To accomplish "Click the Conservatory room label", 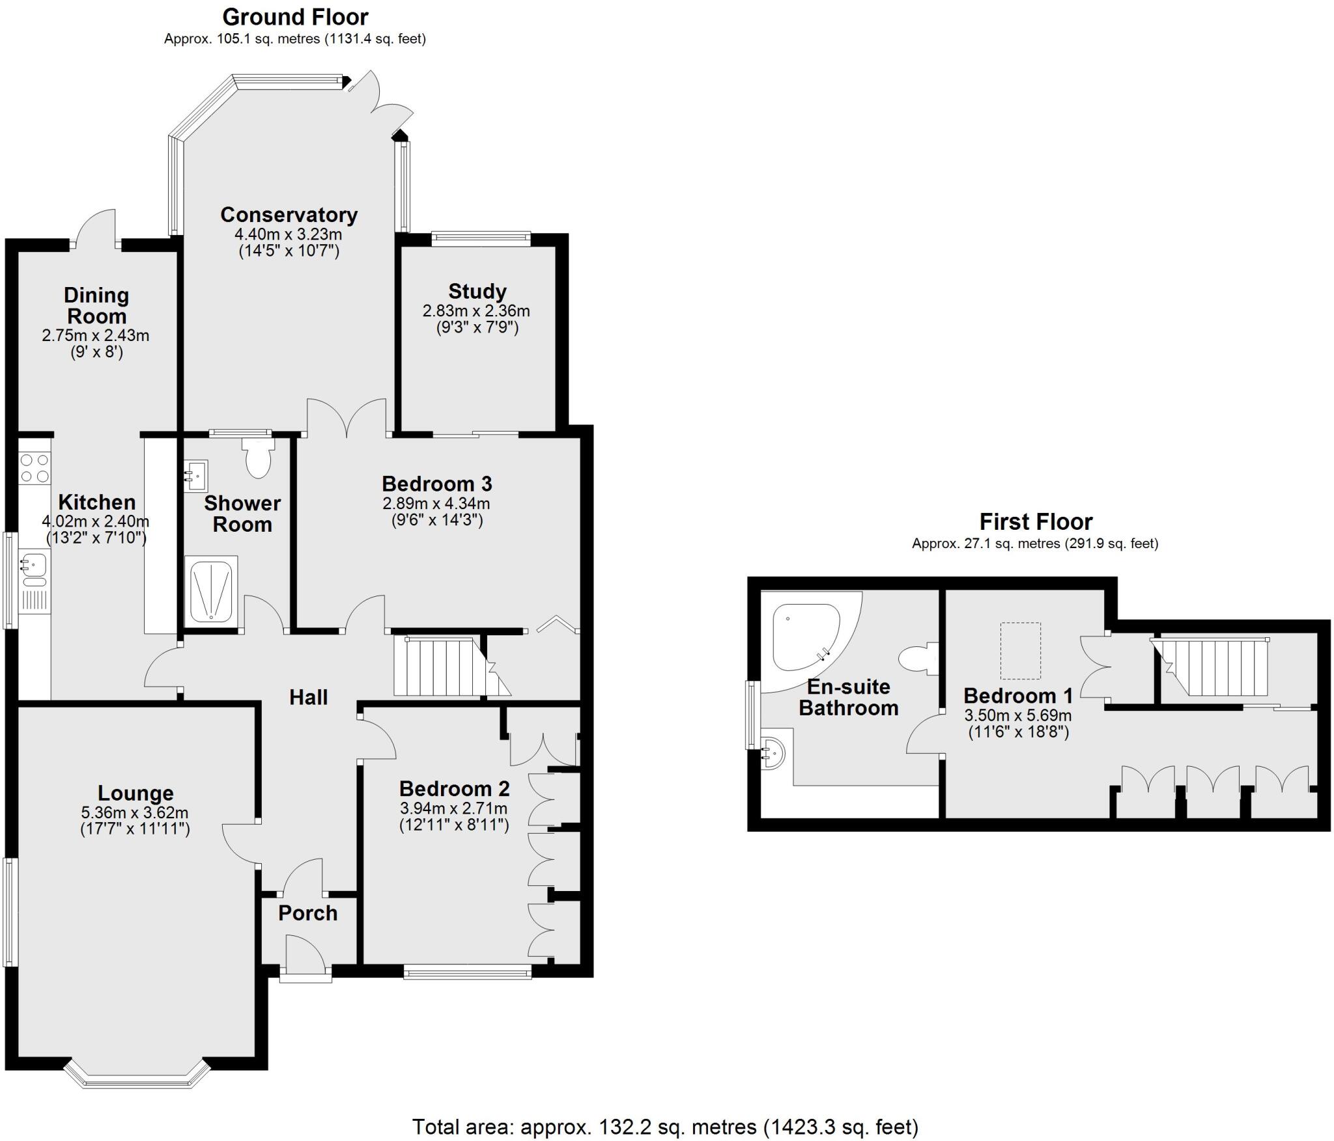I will [x=289, y=215].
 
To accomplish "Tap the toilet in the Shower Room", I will [x=259, y=460].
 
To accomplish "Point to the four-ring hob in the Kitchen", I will [x=35, y=468].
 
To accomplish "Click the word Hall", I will [x=308, y=698].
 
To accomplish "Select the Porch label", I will [x=307, y=913].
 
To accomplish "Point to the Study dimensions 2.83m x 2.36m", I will [x=476, y=311].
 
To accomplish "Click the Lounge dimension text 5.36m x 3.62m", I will [x=135, y=812].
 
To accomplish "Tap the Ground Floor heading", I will [x=295, y=17].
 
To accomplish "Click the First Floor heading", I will [x=1036, y=521].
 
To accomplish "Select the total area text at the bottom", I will [x=665, y=1126].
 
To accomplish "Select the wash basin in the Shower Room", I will [x=196, y=474].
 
